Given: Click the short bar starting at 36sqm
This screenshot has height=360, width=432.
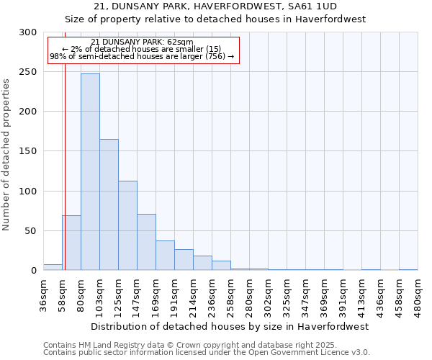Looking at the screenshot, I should tap(53, 267).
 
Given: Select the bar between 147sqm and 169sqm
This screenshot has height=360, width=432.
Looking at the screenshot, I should tap(146, 242).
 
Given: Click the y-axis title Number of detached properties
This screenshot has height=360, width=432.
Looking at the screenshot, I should tap(7, 155).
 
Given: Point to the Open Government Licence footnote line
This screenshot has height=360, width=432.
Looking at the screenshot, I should tap(206, 352).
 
